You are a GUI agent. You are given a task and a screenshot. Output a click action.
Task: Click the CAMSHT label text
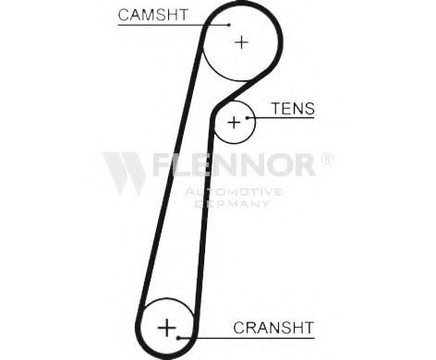coord(152,15)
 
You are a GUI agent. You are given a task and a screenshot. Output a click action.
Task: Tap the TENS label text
coord(293,108)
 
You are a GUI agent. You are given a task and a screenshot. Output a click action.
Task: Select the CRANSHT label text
coord(273,328)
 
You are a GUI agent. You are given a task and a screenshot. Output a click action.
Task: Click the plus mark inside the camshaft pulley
coord(242,42)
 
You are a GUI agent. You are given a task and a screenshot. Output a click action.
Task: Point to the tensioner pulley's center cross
coord(234,123)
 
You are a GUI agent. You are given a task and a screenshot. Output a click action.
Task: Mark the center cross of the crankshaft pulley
coord(166,328)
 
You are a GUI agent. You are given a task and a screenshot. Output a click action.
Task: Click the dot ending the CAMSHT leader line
coord(229,25)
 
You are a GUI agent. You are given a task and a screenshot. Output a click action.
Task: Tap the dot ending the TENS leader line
coord(247,117)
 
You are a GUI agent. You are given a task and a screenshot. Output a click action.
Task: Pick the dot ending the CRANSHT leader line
coord(178,338)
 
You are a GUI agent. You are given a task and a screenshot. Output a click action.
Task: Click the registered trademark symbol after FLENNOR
coord(327,159)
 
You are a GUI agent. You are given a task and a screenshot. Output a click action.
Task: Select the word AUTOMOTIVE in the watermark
coord(233,192)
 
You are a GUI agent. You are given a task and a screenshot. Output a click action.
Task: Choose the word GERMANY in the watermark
coord(233,203)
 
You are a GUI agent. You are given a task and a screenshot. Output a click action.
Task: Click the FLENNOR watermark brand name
coord(234,164)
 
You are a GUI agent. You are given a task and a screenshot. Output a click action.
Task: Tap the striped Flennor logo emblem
coord(125,174)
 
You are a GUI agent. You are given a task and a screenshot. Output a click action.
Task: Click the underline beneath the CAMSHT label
coord(174,25)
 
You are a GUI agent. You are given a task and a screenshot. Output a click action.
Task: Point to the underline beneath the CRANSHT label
coord(247,338)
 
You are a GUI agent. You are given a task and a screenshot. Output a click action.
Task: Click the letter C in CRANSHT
coord(239,328)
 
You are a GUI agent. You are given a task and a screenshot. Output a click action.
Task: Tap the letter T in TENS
coord(276,108)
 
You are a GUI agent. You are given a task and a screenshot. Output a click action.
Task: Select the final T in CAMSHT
coord(183,15)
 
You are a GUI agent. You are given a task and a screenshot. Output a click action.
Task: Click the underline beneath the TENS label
coord(281,117)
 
